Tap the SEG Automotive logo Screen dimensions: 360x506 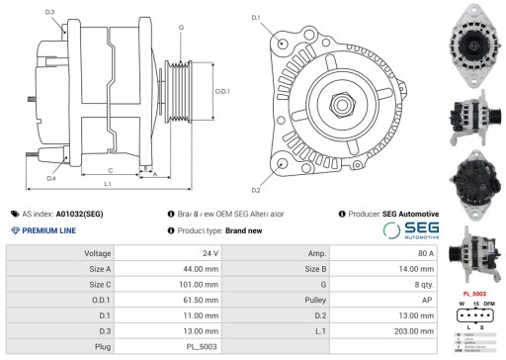click(410, 229)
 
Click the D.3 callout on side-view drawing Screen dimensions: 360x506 click(50, 12)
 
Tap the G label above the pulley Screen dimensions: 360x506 click(181, 29)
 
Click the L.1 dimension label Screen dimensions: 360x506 click(107, 185)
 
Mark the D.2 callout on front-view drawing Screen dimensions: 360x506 click(255, 190)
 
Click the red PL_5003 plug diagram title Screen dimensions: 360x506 click(473, 294)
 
